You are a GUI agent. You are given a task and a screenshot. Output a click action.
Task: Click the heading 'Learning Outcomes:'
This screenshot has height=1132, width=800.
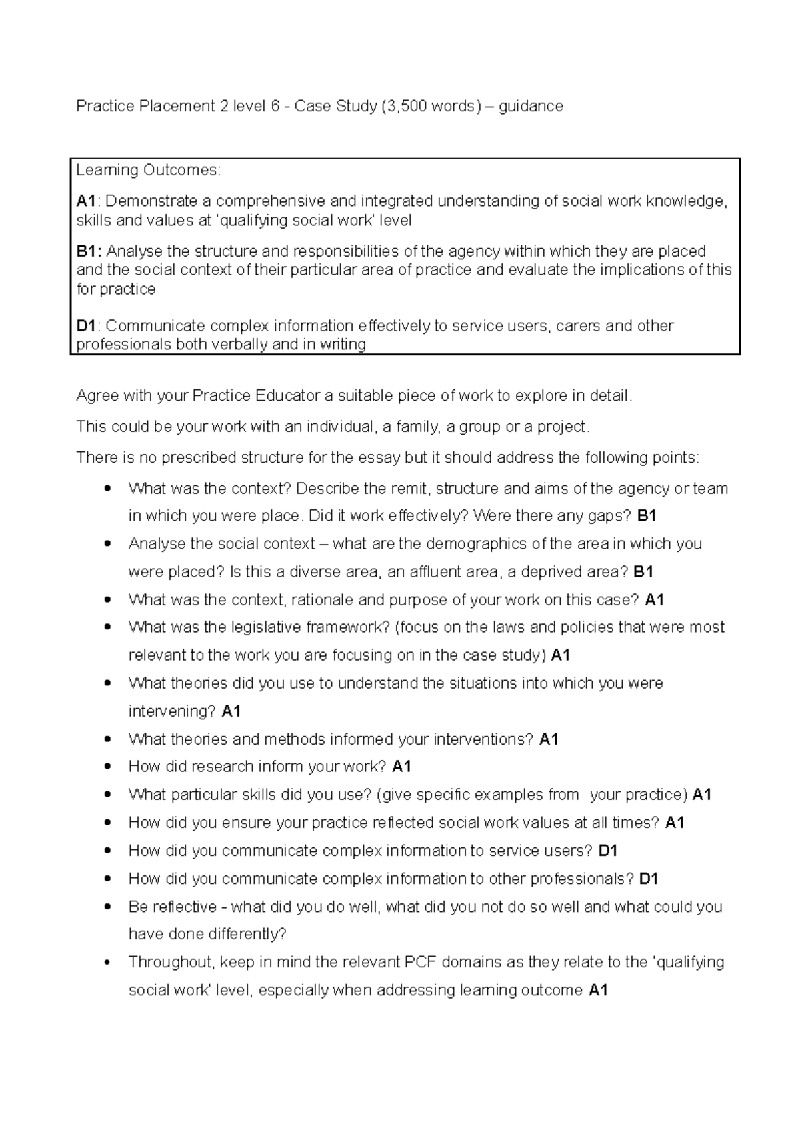[147, 170]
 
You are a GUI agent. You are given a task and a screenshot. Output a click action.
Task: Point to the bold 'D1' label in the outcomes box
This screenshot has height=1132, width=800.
[87, 326]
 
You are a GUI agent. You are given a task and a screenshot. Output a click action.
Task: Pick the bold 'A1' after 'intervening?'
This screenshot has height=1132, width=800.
[231, 711]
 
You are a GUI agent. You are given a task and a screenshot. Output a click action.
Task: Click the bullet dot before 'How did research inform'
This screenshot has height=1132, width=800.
[107, 767]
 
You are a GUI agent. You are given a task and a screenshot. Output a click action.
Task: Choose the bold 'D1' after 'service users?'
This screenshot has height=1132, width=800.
[608, 851]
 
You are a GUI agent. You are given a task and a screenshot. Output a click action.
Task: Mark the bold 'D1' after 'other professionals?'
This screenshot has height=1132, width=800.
[649, 879]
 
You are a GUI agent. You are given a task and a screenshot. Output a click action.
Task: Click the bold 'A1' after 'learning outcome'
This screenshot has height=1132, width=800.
[598, 990]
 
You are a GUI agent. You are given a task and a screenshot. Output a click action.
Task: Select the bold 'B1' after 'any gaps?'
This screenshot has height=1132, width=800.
[647, 515]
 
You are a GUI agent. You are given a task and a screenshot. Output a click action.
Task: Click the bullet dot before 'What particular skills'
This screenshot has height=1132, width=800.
[107, 795]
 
